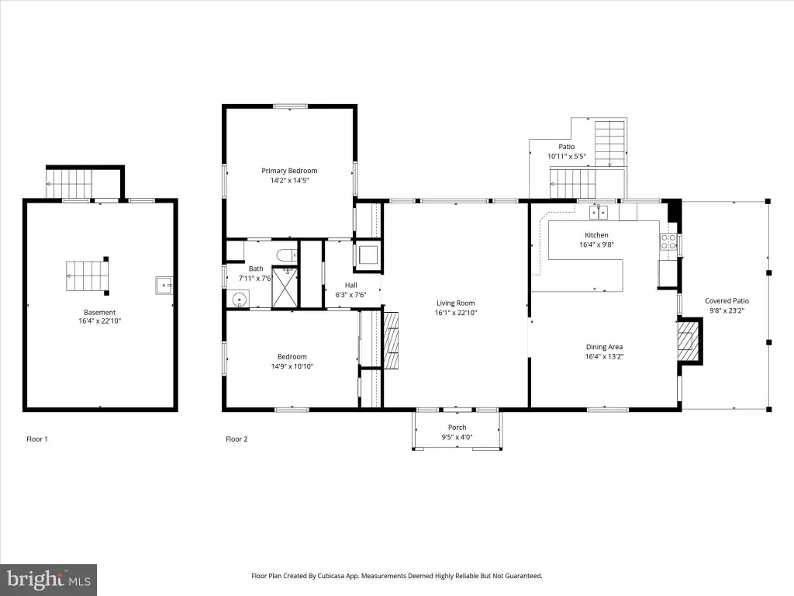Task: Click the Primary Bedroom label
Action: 289,171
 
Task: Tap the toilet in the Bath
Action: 287,255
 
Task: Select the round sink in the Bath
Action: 240,300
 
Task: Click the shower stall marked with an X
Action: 285,287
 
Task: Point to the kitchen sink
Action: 599,212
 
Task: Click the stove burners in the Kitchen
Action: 668,242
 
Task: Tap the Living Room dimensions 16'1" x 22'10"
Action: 456,313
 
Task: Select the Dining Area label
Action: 604,347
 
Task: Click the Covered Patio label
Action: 727,301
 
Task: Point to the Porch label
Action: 457,428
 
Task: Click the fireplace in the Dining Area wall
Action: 690,341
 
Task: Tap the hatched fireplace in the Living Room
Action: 391,340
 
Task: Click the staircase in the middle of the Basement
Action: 87,275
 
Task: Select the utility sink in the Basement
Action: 164,286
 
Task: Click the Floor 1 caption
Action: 37,439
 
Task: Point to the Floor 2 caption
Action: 236,439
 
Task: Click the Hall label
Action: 351,286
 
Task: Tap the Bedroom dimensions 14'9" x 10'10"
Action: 292,366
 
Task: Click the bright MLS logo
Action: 49,579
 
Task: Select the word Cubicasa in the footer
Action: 332,576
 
